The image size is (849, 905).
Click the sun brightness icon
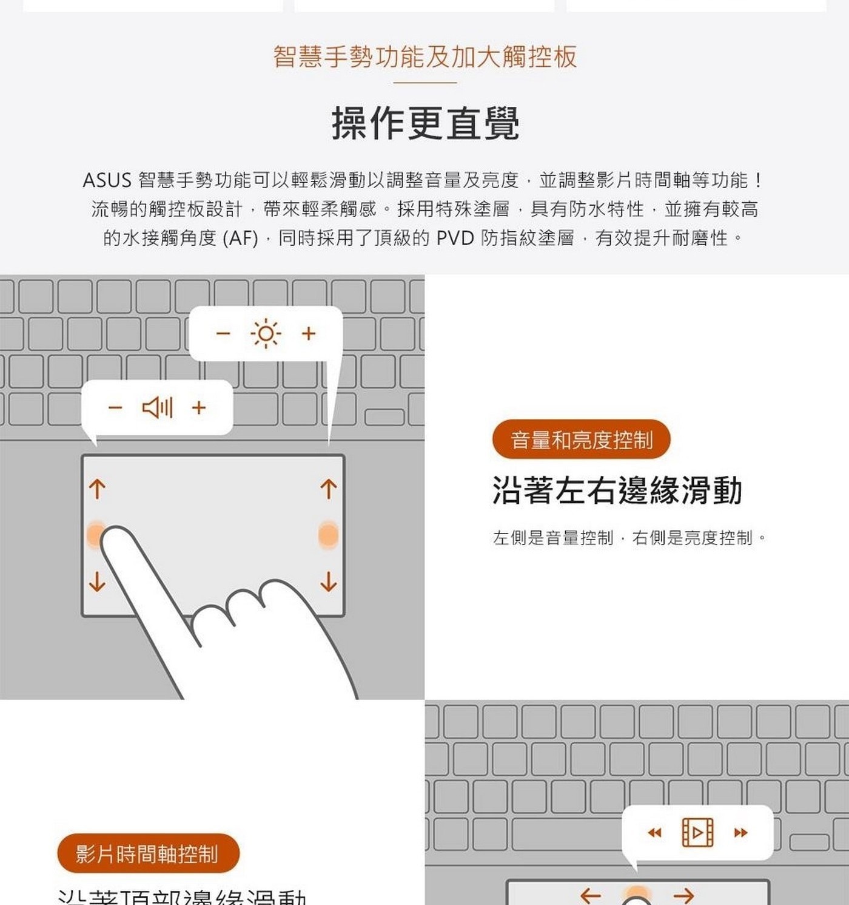(x=266, y=334)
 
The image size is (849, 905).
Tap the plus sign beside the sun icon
(x=309, y=334)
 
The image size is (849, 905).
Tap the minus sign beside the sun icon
(x=223, y=334)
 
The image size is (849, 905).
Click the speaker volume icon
(x=158, y=407)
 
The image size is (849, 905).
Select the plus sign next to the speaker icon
(x=199, y=407)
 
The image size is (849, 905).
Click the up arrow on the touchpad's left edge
(x=97, y=489)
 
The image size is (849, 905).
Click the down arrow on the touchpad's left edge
(x=97, y=581)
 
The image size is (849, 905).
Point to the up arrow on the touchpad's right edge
(x=328, y=489)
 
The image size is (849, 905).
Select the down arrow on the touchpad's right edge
(x=328, y=581)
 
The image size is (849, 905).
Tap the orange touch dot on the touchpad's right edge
(x=328, y=535)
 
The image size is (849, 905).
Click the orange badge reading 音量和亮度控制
(x=581, y=439)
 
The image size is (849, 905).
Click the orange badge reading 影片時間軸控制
(x=147, y=853)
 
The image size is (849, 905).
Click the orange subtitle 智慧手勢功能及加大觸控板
(x=424, y=56)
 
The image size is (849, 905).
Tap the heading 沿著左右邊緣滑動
(x=617, y=490)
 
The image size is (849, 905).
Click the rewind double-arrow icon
(x=654, y=833)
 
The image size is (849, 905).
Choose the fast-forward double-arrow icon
(x=740, y=833)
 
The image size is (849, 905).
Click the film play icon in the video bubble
(x=697, y=832)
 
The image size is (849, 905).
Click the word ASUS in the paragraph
(x=107, y=180)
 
